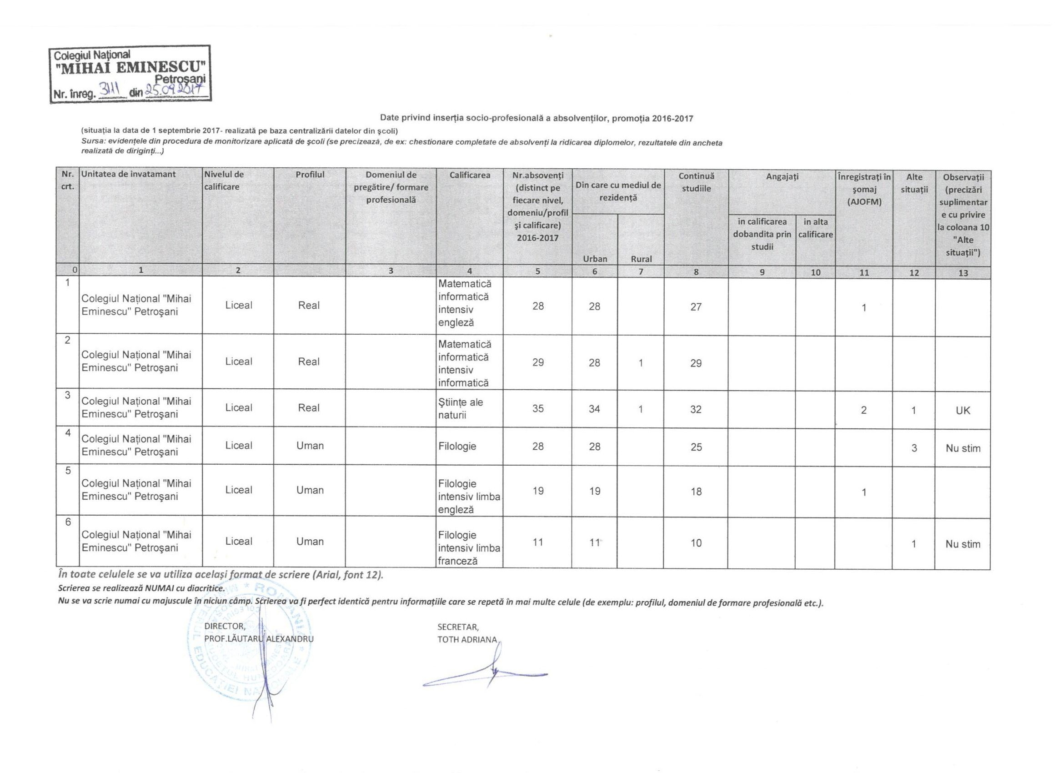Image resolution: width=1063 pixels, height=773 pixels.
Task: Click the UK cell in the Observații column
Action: click(x=963, y=411)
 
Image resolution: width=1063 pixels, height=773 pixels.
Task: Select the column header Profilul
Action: click(x=310, y=175)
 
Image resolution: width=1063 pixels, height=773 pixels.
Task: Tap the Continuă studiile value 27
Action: click(x=696, y=307)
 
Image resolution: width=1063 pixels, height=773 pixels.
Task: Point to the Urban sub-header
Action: click(x=595, y=259)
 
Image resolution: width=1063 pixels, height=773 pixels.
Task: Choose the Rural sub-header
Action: click(x=641, y=259)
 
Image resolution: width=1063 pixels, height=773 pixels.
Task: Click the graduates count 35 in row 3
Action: click(x=538, y=409)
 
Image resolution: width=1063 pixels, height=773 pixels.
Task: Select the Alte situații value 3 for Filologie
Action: click(x=914, y=448)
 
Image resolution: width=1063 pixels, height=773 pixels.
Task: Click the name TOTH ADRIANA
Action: click(x=467, y=640)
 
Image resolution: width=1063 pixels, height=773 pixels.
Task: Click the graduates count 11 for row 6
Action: click(x=538, y=542)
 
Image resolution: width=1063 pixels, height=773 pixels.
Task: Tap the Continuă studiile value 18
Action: click(x=696, y=491)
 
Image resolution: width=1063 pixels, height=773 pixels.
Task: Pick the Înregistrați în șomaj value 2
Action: click(x=864, y=411)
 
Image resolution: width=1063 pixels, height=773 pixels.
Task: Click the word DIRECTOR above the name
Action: click(x=225, y=626)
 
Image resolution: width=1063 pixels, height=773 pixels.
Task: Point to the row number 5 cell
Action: click(x=68, y=471)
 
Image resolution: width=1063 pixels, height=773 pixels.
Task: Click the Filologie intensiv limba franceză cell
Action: click(x=469, y=548)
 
